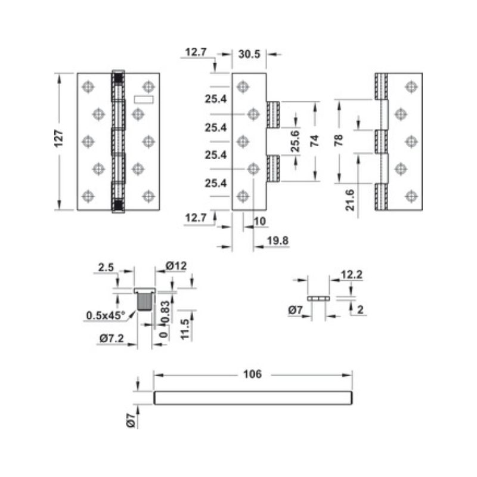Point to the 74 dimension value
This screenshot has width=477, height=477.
pos(315,141)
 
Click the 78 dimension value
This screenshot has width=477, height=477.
pos(338,141)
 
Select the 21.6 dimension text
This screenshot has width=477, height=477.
pos(351,199)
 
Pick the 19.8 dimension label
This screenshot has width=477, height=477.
pos(278,241)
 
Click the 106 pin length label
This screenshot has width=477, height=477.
pos(252,374)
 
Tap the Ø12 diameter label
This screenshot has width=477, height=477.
pos(176,267)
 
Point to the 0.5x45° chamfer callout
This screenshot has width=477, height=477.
pos(106,315)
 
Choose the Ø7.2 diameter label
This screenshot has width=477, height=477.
pos(111,339)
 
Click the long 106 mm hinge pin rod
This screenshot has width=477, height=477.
pos(253,398)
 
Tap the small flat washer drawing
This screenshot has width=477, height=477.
pos(319,297)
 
